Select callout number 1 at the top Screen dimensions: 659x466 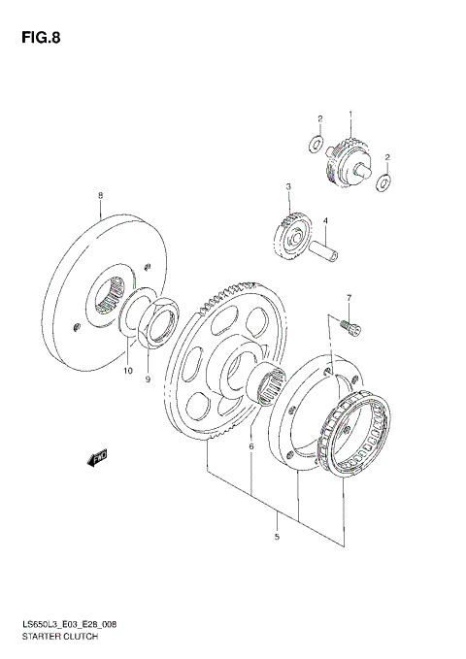point(350,116)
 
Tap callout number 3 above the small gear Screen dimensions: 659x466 point(287,186)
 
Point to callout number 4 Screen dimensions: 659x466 point(325,221)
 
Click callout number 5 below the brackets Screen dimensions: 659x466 point(277,537)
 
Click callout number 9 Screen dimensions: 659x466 point(149,379)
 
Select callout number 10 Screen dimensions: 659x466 point(127,370)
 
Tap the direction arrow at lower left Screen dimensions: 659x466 point(96,456)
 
